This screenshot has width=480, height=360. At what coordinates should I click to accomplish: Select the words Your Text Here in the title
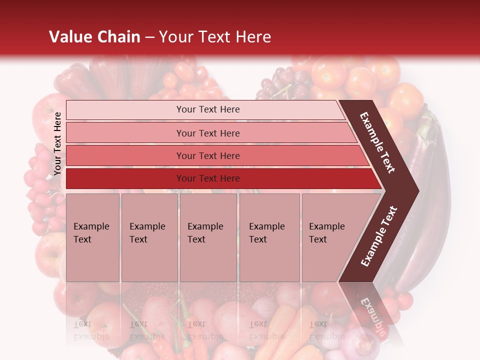[215, 37]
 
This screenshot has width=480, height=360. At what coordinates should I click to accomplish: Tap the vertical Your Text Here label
[57, 144]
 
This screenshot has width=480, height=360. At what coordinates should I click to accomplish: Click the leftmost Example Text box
[92, 237]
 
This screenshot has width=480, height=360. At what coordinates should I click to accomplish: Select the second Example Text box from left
[149, 237]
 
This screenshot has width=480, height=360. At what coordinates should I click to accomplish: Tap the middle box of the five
[208, 237]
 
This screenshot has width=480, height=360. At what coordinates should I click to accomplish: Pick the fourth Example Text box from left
[269, 237]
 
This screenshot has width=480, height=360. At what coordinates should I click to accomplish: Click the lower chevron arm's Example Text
[378, 236]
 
